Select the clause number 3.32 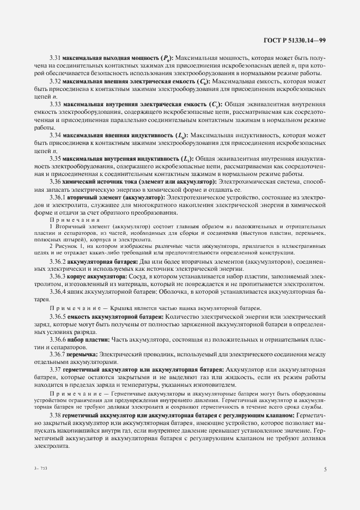tap(55, 81)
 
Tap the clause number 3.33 tap(55, 104)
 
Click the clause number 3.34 tap(55, 135)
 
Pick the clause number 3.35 tap(55, 157)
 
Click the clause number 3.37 tap(55, 371)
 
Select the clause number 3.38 tap(55, 415)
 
